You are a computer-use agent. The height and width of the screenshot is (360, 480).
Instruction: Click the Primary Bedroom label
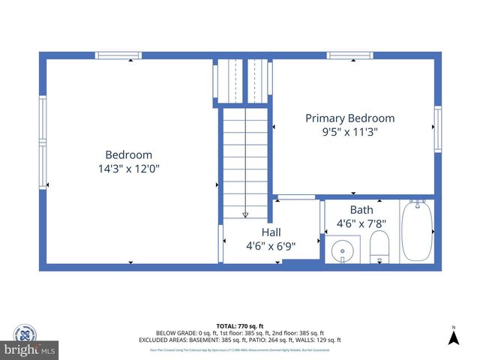[349, 118]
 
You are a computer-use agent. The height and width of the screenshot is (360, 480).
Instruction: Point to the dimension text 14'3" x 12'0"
[128, 169]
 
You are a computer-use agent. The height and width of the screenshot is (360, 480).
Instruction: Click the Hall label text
[271, 232]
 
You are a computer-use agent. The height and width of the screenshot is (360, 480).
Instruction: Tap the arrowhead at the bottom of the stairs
[245, 214]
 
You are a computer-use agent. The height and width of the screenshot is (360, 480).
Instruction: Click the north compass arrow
[453, 338]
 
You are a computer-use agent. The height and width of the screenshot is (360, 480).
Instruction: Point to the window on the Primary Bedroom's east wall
[437, 129]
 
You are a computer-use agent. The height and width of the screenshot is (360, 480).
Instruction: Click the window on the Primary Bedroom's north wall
[350, 55]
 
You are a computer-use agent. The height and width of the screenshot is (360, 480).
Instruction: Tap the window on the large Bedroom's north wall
[118, 55]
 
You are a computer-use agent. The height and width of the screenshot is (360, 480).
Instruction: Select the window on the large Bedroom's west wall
[43, 142]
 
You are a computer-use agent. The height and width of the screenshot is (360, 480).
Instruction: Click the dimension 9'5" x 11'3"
[349, 132]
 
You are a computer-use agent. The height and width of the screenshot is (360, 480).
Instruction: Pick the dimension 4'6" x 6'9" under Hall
[271, 245]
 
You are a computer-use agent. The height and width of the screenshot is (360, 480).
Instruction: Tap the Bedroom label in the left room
[128, 155]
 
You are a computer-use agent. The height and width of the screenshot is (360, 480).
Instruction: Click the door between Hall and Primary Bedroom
[296, 197]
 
